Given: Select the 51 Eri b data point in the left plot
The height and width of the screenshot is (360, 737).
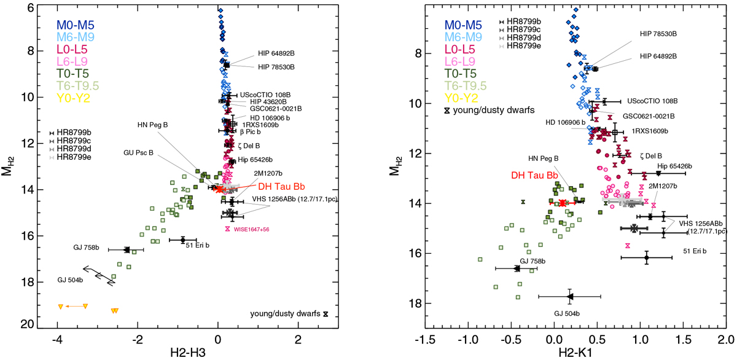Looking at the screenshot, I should click(182, 240).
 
